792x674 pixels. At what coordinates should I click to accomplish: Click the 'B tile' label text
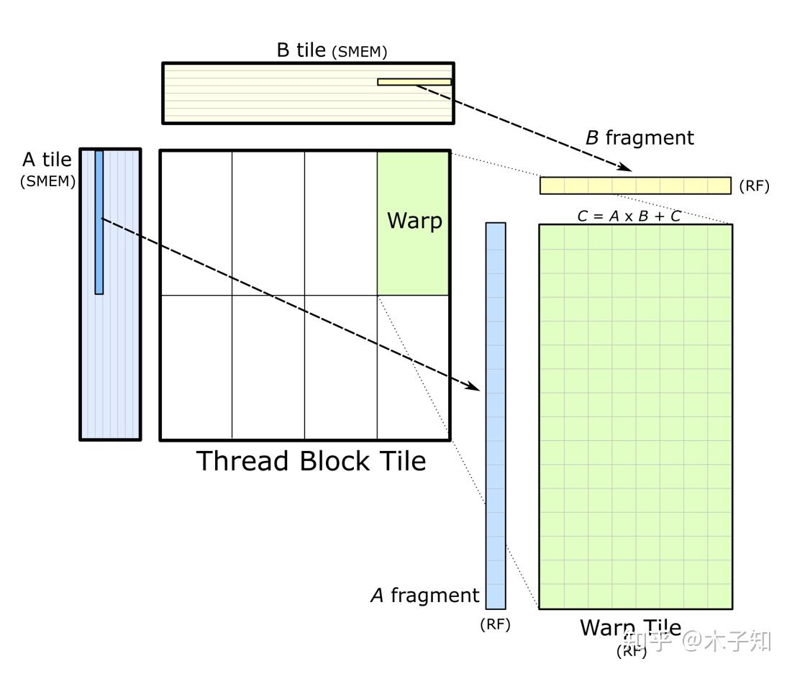pos(301,50)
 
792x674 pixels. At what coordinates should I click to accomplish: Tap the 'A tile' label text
pos(47,160)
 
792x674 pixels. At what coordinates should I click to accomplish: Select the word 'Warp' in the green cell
pos(414,220)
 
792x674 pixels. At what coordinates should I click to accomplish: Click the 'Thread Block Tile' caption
pos(311,461)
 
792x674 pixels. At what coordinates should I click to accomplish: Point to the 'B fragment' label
pos(639,138)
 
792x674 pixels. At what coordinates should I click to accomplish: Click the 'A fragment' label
pos(424,596)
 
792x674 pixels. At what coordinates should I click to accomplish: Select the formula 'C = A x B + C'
pos(629,216)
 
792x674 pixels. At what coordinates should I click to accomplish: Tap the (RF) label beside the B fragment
pos(754,186)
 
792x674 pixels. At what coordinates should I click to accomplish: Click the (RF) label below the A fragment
pos(495,624)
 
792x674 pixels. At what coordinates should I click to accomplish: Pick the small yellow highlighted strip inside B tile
pos(414,82)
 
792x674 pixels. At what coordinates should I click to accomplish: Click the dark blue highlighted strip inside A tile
pos(99,222)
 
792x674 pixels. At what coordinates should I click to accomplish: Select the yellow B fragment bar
pos(635,186)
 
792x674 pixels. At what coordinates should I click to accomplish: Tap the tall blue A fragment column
pos(496,415)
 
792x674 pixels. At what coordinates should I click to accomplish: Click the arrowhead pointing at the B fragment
pos(624,168)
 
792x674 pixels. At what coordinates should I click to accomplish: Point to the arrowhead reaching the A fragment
pos(472,386)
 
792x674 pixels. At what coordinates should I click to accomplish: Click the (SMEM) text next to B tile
pos(359,52)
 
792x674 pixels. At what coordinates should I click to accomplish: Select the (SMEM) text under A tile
pos(47,181)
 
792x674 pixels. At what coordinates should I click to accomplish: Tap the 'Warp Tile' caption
pos(630,627)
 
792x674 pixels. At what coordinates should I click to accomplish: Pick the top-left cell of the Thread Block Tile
pos(196,223)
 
